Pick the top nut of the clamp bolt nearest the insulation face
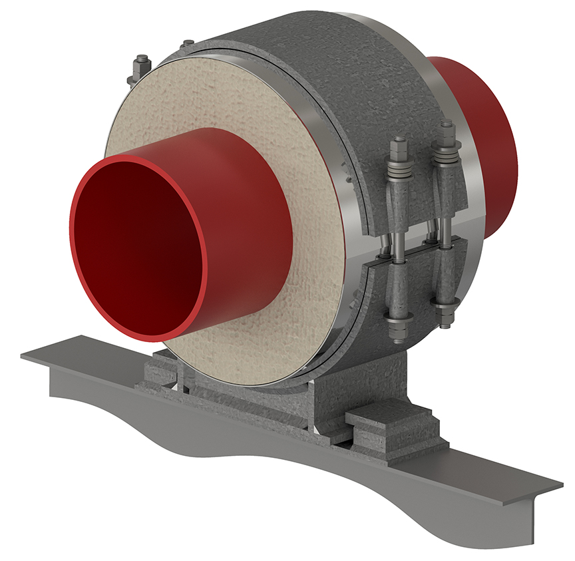pos(399,144)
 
